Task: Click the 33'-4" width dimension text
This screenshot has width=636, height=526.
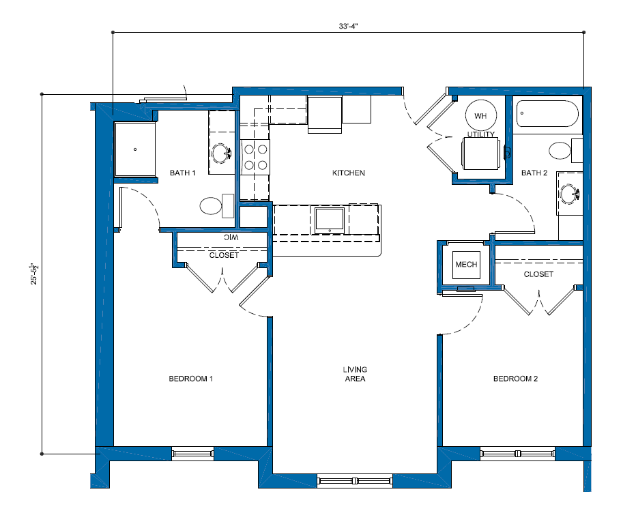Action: point(348,27)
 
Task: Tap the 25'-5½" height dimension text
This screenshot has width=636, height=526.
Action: point(34,274)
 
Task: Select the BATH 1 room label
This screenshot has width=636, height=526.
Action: point(182,173)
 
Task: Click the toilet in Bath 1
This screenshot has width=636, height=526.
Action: point(216,205)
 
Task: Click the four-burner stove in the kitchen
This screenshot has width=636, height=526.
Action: point(255,157)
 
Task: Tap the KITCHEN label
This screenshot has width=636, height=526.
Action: point(349,173)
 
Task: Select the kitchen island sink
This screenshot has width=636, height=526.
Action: point(330,220)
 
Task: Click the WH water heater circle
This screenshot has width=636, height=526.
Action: point(480,115)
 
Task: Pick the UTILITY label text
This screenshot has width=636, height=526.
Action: point(480,134)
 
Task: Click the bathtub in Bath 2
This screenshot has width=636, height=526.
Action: point(547,114)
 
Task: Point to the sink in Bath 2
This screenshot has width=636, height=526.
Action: point(570,194)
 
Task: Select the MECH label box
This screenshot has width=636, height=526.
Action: point(466,265)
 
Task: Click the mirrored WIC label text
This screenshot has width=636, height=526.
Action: point(231,237)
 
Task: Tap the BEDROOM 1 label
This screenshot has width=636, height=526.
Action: point(190,379)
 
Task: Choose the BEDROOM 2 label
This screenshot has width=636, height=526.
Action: point(515,379)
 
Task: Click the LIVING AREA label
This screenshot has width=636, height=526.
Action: point(355,374)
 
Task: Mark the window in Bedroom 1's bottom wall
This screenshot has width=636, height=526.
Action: point(192,454)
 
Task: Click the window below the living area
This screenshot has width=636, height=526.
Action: point(355,481)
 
